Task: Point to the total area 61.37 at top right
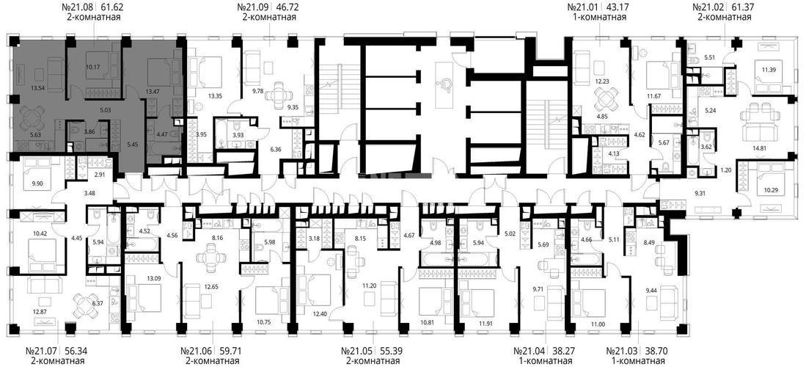click(739, 8)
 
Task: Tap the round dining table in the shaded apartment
click(32, 118)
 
